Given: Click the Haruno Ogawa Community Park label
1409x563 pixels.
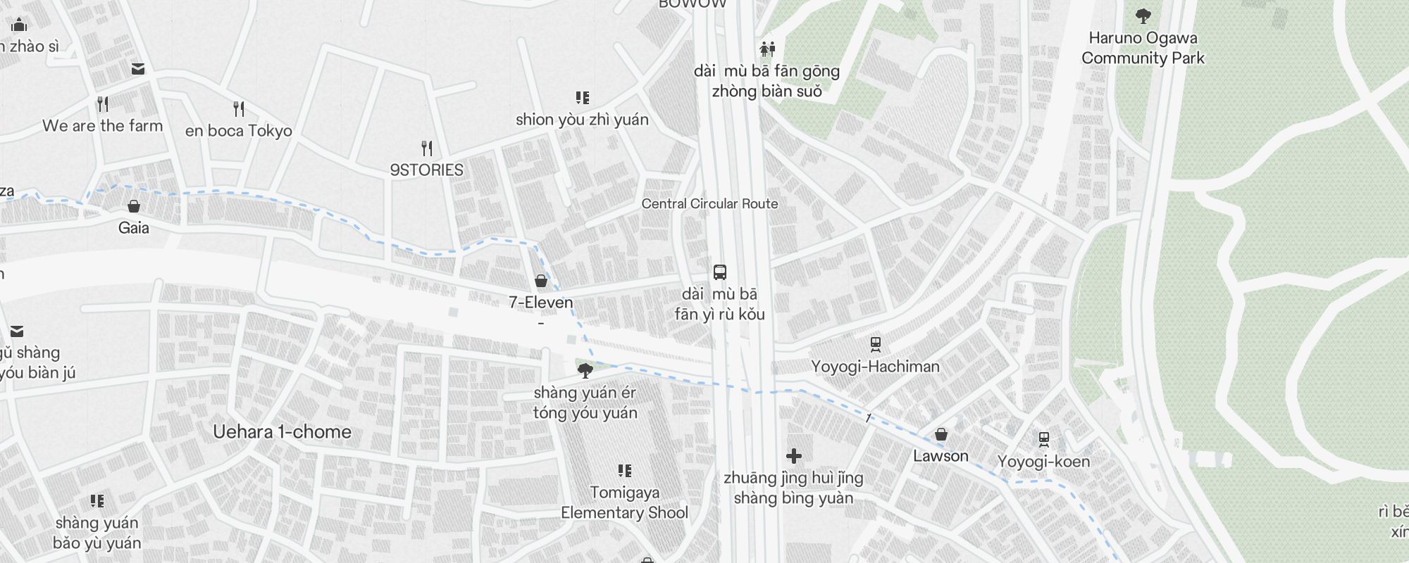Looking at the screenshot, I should pos(1143,48).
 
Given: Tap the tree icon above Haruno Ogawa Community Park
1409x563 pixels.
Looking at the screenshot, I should pos(1143,15).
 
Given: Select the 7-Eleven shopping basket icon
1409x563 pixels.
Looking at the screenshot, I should pos(541,281).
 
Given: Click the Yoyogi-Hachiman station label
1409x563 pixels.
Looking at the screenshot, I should pos(875,367).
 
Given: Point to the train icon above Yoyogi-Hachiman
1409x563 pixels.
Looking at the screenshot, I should pos(876,344).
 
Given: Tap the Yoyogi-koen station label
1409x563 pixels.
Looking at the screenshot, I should pos(1043,462).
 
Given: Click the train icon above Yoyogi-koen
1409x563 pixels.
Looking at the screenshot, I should pos(1044,440).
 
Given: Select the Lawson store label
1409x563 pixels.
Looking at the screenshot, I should pos(941,456).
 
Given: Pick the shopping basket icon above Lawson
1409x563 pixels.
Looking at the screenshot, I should pos(941,434).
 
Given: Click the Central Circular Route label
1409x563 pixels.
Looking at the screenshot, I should pos(709,204).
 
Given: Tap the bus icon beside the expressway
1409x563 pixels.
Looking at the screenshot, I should pos(719,272).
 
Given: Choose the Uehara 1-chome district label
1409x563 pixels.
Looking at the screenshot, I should pos(282,432).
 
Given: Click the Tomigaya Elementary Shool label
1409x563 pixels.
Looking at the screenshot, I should pos(624,502).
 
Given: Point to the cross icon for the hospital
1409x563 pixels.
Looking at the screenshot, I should pos(794,457).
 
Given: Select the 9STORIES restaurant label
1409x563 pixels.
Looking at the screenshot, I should pos(426,170).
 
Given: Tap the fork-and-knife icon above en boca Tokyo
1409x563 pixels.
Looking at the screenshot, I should pos(239,109).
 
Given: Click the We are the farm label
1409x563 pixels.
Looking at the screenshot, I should pos(102,127).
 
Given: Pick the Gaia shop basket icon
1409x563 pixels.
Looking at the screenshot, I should pos(133,206).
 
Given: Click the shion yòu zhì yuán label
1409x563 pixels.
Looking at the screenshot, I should pos(582,120).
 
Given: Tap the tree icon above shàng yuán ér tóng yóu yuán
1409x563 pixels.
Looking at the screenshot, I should pos(585,370).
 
